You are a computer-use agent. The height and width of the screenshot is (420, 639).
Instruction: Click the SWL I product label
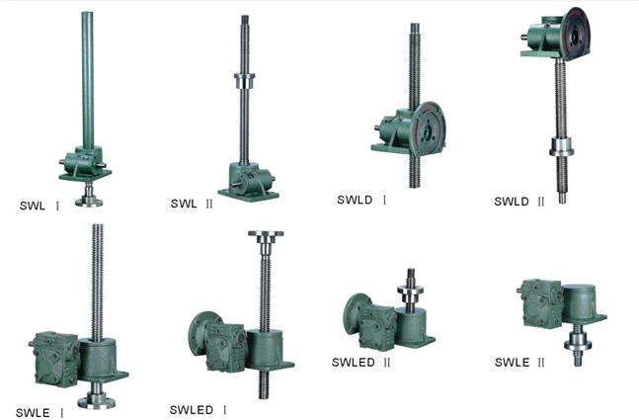[40, 206]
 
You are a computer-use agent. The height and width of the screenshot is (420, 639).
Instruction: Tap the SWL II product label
[192, 204]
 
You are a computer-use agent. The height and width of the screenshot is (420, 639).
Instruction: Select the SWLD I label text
[361, 200]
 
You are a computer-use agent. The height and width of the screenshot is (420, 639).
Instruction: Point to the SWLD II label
[519, 201]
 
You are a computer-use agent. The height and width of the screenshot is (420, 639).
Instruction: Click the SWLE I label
[40, 413]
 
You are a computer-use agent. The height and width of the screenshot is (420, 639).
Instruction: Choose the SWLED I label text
[199, 410]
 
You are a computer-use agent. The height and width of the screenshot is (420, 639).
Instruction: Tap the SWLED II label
[361, 362]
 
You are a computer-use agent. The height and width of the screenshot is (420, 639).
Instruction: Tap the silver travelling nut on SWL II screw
[245, 81]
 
